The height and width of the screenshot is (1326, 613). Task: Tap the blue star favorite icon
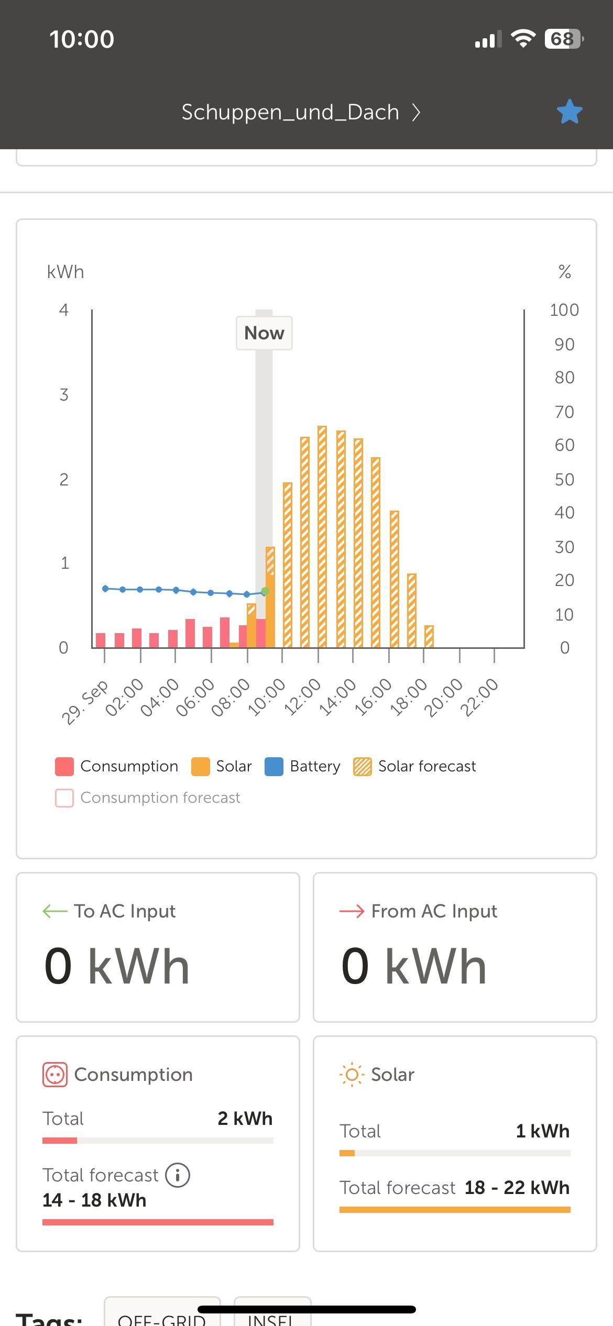569,112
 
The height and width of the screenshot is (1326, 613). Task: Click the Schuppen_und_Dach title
290,112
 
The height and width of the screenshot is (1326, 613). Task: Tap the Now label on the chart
264,333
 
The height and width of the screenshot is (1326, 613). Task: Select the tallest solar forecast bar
322,536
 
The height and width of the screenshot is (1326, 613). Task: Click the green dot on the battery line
265,591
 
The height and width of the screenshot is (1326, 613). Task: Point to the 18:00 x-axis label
409,697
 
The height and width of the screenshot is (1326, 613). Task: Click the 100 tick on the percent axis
564,310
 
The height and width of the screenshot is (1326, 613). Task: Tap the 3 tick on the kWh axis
64,395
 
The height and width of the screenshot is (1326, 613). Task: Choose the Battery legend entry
303,766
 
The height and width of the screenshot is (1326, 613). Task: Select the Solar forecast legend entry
415,766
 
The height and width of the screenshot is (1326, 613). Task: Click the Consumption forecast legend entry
148,798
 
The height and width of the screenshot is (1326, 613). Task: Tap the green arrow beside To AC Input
55,911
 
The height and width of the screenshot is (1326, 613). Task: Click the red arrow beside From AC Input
352,911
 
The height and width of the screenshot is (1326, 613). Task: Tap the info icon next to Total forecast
178,1175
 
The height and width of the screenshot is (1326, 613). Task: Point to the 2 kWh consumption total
245,1119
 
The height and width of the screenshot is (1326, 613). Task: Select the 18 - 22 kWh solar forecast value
517,1188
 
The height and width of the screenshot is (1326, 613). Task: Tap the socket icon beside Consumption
55,1075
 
